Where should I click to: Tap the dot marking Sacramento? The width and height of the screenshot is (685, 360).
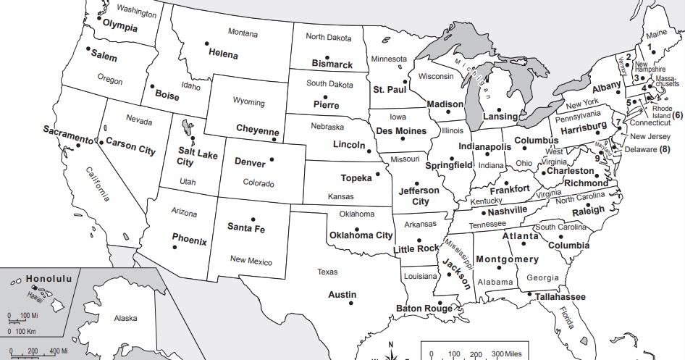(77, 146)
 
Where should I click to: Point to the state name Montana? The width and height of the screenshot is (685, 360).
(243, 33)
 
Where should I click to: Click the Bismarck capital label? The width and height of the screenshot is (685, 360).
(332, 64)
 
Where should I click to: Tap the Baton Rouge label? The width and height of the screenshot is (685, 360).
(424, 309)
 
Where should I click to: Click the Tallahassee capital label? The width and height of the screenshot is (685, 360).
(560, 297)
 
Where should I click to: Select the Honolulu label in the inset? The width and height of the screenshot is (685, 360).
(49, 278)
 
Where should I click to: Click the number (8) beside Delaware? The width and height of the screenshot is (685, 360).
(665, 150)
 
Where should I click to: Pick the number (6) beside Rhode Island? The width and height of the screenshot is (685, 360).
(677, 115)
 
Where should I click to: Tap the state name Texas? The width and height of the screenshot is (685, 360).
(327, 272)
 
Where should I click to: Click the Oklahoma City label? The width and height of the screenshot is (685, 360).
(361, 235)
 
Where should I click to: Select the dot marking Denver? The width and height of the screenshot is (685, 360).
(273, 159)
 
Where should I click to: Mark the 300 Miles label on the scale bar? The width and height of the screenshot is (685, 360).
(512, 353)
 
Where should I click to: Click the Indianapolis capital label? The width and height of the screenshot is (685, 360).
(484, 146)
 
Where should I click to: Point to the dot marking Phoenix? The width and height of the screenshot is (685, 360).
(175, 248)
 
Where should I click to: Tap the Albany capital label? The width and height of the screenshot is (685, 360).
(607, 86)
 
